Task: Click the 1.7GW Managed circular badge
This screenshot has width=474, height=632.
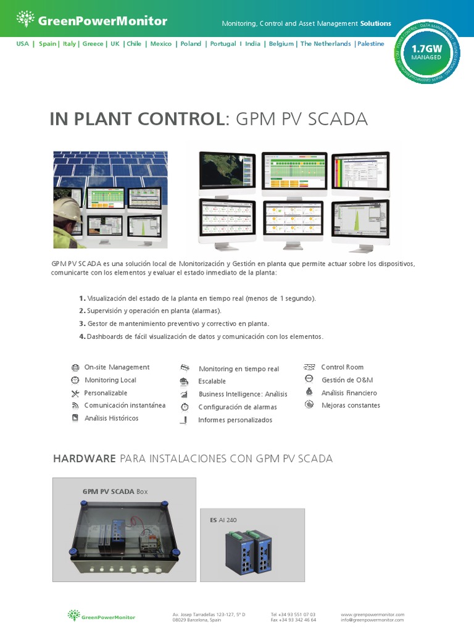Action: coord(426,52)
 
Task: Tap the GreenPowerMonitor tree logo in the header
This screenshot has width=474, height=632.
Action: coord(25,20)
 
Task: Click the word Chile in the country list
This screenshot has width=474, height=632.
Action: coord(134,44)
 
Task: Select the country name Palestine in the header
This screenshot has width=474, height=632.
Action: coord(370,44)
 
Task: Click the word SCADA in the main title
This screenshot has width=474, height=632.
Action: coord(338,119)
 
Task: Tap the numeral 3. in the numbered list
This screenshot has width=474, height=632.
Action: coord(81,323)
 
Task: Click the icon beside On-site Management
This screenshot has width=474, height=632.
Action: coord(75,367)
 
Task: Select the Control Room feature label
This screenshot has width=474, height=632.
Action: coord(342,367)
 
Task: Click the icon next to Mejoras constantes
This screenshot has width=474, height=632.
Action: coord(309,405)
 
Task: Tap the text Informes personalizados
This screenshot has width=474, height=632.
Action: coord(235,420)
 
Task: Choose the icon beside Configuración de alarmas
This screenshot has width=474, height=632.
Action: coord(184,407)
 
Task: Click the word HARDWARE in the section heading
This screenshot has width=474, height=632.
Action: coord(84,459)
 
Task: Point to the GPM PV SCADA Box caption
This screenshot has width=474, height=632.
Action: coord(115,492)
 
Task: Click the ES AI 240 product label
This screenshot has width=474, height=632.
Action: coord(223,520)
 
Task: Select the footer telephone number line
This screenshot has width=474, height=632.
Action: coord(293,614)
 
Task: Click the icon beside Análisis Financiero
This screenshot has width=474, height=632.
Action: coord(309,393)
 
